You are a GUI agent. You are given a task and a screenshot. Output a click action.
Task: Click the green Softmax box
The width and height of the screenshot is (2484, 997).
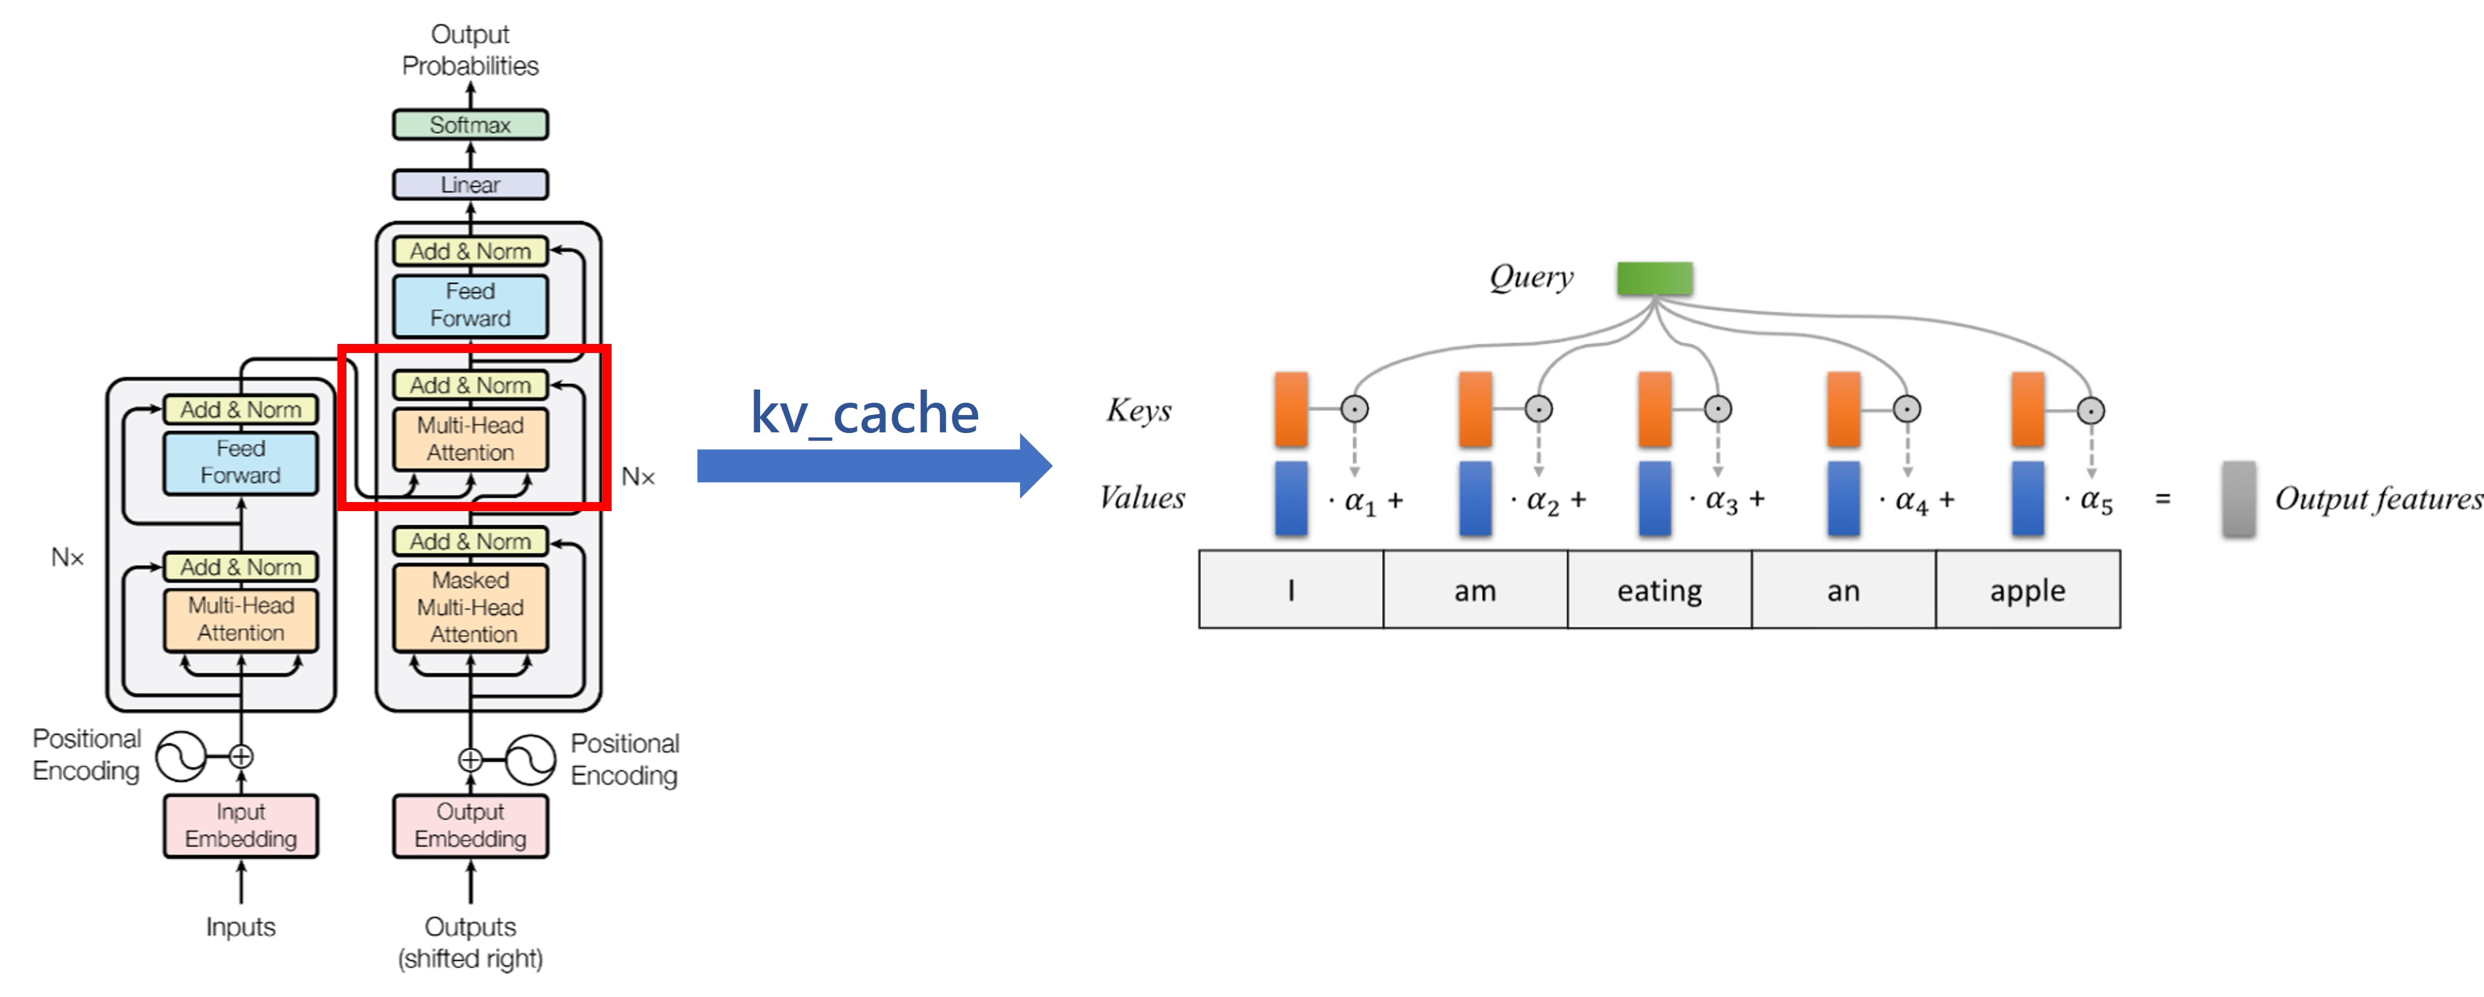click(470, 125)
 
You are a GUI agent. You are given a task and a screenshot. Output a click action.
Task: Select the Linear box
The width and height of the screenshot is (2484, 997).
click(470, 184)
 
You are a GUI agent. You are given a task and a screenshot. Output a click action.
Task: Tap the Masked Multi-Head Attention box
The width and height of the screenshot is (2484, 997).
click(470, 607)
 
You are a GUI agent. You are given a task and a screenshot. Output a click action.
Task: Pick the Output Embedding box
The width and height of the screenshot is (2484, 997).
click(470, 825)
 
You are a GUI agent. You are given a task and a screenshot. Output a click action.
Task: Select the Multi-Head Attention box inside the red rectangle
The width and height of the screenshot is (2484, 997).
click(470, 439)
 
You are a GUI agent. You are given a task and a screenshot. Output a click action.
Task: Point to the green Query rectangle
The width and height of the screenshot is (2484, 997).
click(1655, 279)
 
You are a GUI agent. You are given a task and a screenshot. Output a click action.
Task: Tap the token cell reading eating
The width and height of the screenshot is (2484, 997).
click(1659, 590)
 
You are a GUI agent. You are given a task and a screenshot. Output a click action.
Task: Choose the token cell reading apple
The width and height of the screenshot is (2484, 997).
click(2027, 590)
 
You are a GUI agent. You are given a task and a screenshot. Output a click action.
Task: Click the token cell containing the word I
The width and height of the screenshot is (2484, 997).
click(1290, 590)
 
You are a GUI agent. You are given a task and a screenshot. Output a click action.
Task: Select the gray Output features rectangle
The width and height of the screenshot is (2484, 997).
click(2238, 498)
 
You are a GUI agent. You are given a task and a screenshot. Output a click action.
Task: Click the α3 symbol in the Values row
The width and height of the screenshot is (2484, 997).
click(1721, 500)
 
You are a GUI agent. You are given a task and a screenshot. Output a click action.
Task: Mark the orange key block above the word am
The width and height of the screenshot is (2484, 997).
click(1476, 410)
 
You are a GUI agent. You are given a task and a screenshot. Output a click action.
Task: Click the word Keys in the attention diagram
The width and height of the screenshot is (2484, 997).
click(1138, 411)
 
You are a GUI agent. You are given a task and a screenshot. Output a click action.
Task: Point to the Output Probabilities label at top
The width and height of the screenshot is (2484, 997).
click(470, 50)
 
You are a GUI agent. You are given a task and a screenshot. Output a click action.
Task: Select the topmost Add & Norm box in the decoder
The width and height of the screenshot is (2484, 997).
click(470, 250)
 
